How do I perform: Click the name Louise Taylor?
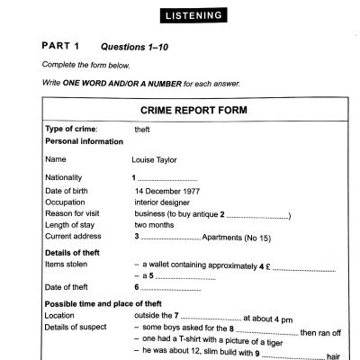155,160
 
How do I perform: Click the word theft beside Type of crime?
141,130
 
